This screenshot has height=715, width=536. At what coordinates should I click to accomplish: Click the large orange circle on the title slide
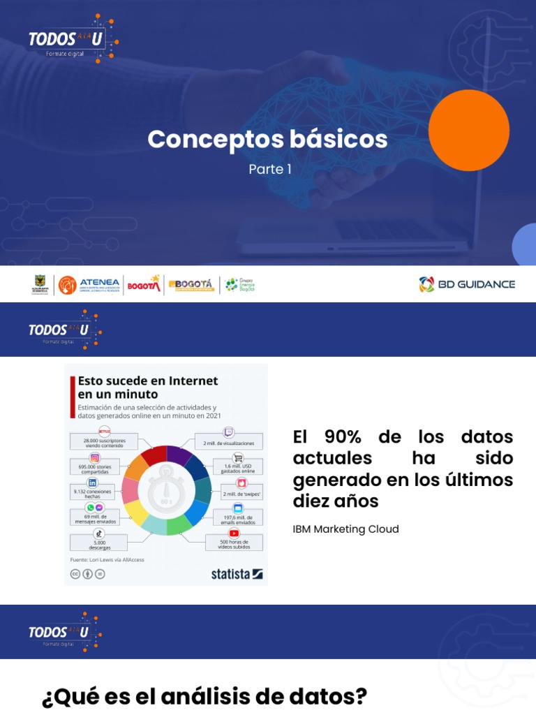(x=468, y=131)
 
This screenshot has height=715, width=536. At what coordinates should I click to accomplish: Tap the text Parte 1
(x=270, y=169)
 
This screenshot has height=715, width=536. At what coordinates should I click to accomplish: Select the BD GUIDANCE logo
(x=467, y=284)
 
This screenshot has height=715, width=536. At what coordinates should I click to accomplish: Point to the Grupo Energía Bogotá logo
(x=239, y=285)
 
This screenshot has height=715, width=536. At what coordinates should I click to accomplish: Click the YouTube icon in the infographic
(x=234, y=533)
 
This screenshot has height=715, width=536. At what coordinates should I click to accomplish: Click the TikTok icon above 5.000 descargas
(x=98, y=533)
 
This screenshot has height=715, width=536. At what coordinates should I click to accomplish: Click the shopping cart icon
(x=239, y=458)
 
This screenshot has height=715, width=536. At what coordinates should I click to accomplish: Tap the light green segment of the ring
(x=179, y=526)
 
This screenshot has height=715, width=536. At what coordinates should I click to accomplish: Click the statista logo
(x=237, y=574)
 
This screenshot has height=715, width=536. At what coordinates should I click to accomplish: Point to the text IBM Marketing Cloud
(x=345, y=529)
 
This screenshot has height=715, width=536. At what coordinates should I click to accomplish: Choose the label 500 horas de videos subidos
(x=234, y=545)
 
